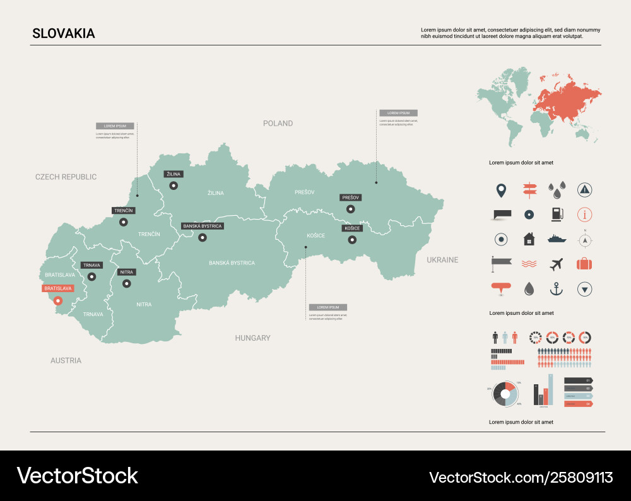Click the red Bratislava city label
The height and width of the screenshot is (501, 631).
coord(58,288)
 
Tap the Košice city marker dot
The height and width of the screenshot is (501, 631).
coord(352,240)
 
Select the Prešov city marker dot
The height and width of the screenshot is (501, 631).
coord(350,209)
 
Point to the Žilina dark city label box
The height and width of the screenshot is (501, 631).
coord(172,174)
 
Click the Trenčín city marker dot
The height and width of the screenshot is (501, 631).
coord(124,221)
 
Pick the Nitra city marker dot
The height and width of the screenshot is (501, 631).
coord(127,283)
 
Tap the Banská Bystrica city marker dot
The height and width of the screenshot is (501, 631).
coord(203,238)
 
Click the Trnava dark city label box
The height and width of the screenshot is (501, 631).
coord(92,265)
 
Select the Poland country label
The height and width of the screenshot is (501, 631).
coord(278,123)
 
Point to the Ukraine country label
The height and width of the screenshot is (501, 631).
coord(442,260)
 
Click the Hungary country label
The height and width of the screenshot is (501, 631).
coord(252,338)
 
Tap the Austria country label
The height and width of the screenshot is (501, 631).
coord(66,361)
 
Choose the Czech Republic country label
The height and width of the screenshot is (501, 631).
coord(66,177)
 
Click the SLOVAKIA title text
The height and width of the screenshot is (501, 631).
coord(64,33)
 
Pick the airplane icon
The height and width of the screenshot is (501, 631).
coord(556,264)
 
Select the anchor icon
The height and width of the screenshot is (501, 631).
coord(556,289)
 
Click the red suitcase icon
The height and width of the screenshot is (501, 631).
coord(585,264)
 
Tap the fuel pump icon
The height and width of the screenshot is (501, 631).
coord(556,214)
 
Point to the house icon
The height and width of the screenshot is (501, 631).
coord(529,239)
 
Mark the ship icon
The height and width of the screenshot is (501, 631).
coord(557,239)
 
